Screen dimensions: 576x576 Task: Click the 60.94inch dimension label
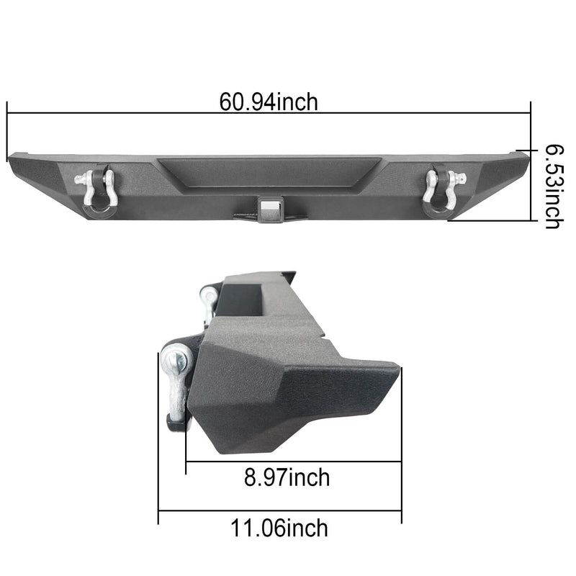(x=269, y=102)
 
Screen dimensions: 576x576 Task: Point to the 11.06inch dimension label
(x=279, y=528)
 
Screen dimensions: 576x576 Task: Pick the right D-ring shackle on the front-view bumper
(x=441, y=189)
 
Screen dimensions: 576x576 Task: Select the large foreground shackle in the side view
(x=176, y=382)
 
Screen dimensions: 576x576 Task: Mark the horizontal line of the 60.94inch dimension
(x=144, y=113)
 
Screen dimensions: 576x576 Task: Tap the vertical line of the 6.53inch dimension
(x=531, y=166)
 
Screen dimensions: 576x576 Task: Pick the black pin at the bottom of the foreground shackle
(x=175, y=424)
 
